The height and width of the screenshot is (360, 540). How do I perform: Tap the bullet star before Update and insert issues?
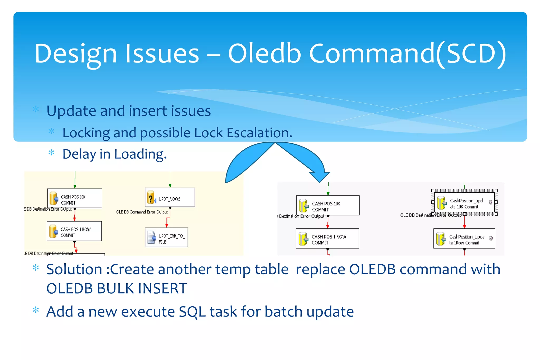(36, 109)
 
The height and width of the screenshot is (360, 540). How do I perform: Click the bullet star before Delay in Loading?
(51, 153)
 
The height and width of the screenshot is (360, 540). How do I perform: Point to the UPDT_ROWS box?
(170, 197)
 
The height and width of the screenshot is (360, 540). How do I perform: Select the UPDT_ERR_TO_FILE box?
(166, 237)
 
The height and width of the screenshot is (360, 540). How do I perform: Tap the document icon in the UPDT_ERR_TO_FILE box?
(152, 237)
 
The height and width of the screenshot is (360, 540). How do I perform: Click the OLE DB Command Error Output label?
(142, 212)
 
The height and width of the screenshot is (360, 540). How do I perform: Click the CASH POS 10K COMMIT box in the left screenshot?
(75, 198)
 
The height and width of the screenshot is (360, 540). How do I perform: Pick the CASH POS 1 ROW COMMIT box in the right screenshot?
(327, 239)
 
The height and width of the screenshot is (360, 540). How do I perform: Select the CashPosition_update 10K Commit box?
(464, 202)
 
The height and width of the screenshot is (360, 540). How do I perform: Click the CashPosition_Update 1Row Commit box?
(464, 239)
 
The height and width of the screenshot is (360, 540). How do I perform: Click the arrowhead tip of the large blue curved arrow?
(320, 182)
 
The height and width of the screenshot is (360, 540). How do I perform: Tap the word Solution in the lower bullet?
(74, 269)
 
